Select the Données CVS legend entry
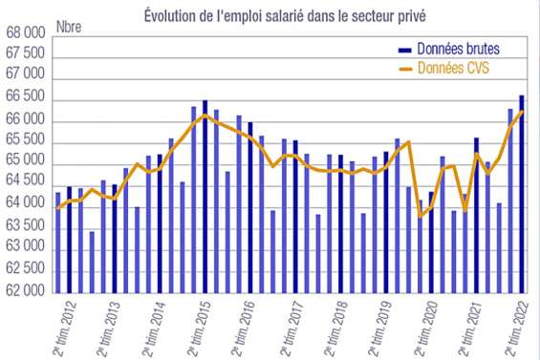tap(454, 69)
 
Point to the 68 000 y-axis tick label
tap(25, 34)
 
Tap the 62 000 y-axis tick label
tap(25, 291)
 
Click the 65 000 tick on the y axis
tap(25, 162)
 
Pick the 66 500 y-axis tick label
tap(25, 98)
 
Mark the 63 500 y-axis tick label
tap(25, 226)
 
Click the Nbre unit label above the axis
tap(70, 27)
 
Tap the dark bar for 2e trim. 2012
tap(69, 239)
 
